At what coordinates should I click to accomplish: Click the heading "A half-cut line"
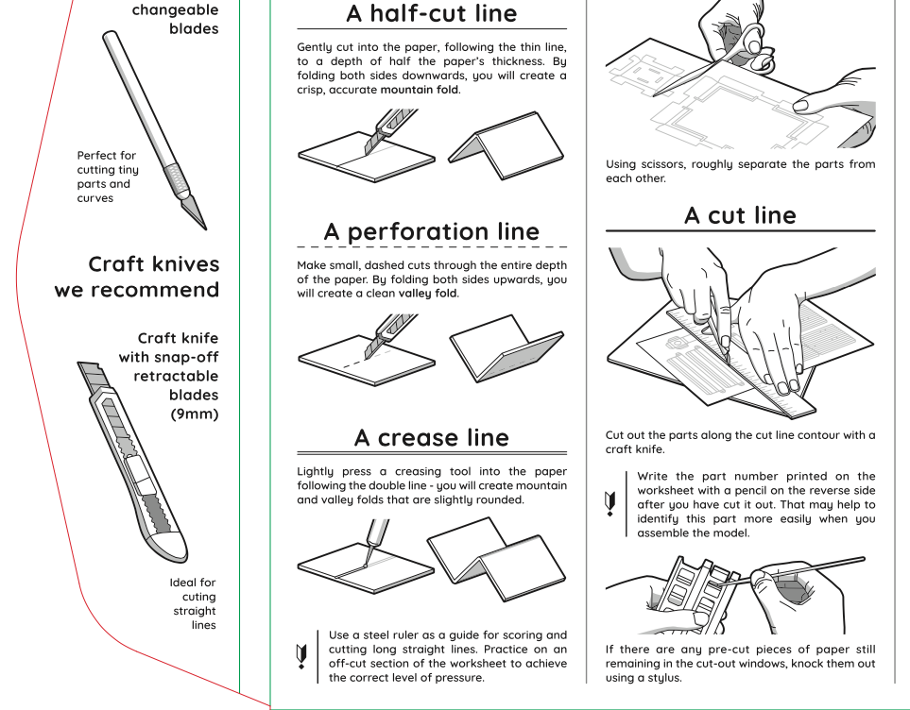point(432,13)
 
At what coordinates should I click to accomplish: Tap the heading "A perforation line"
point(432,231)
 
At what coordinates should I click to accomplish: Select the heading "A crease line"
point(432,437)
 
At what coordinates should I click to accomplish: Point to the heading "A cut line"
point(740,215)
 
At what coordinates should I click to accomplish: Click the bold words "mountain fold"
point(420,90)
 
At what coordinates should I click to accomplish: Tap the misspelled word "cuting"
point(199,597)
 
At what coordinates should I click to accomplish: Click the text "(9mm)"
point(194,414)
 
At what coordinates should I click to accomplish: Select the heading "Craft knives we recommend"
point(137,277)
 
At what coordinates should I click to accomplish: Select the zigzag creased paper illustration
point(496,561)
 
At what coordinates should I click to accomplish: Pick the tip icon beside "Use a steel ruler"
point(302,654)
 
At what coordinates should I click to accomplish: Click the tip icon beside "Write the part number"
point(611,502)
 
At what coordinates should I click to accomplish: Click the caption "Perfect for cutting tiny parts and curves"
point(108,177)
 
